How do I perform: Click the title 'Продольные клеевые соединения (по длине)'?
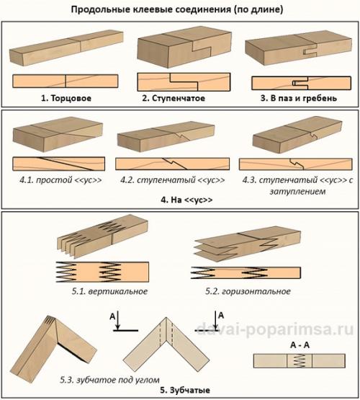tap(177, 9)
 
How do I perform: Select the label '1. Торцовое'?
tap(66, 98)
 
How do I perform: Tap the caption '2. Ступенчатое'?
tap(174, 98)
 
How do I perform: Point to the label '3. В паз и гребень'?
tap(299, 98)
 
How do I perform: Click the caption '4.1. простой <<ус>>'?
tap(60, 180)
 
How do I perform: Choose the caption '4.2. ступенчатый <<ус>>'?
tap(173, 180)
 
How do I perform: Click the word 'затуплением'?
tap(297, 191)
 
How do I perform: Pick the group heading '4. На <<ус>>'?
tap(186, 200)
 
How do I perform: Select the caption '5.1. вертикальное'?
tap(109, 291)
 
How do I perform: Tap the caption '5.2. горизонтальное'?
tap(248, 291)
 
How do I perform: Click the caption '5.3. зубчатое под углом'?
tap(109, 380)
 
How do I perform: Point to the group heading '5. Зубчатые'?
tap(185, 390)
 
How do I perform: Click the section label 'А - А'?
tap(300, 345)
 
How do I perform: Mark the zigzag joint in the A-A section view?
tap(300, 360)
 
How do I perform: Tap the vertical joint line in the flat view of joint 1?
tap(66, 81)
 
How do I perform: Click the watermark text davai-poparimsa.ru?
tap(275, 329)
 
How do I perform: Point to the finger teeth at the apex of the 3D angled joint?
tap(50, 321)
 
